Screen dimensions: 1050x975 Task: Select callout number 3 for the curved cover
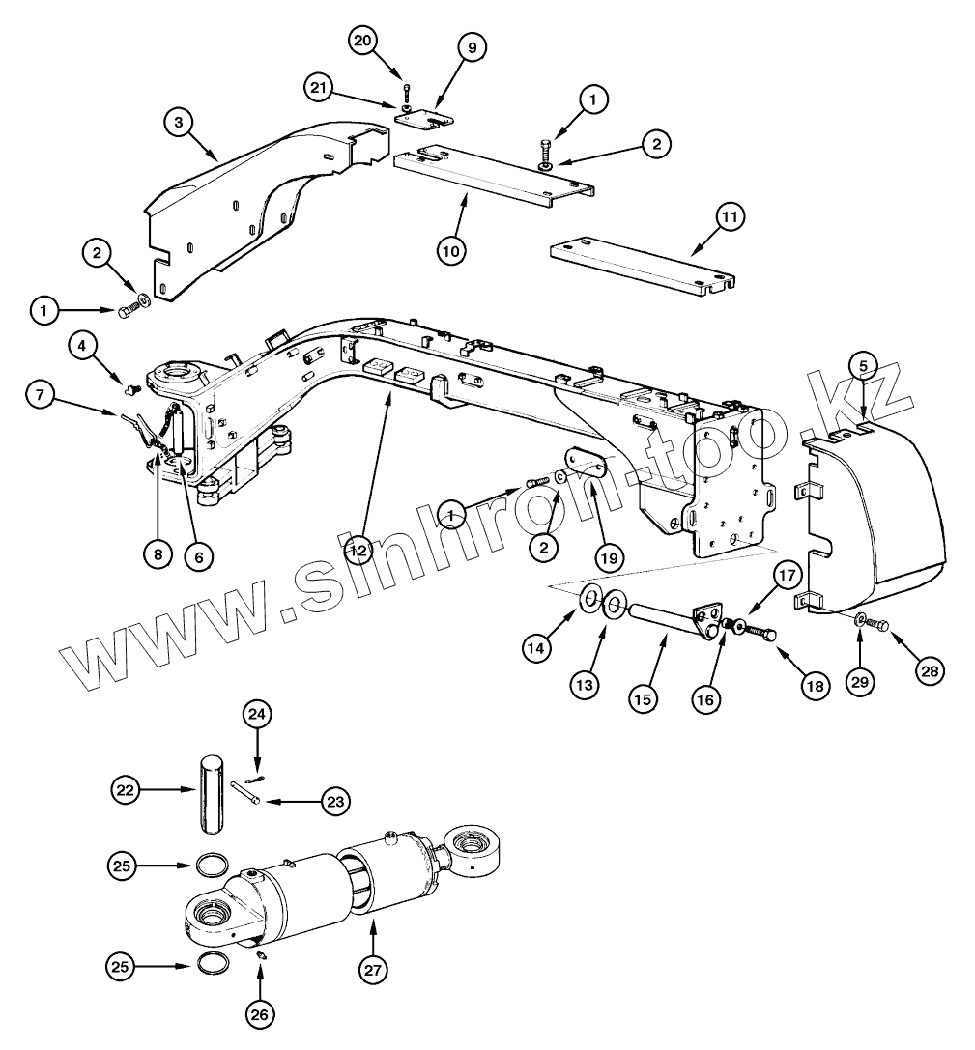point(178,123)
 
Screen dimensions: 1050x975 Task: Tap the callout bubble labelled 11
point(729,218)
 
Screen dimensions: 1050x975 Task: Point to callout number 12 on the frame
point(358,550)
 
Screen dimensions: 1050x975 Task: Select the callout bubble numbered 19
point(610,557)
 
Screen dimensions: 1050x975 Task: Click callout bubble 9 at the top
point(473,46)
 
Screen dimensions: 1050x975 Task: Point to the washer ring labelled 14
point(588,601)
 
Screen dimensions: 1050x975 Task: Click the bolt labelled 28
point(878,624)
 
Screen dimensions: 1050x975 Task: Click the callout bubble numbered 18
point(815,685)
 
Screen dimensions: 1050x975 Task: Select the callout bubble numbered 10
point(450,250)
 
